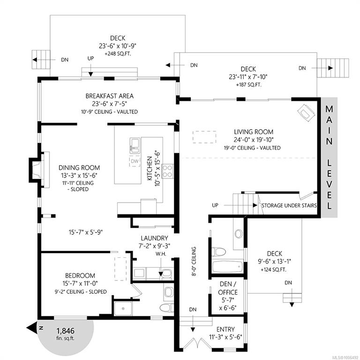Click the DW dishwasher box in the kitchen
(135, 161)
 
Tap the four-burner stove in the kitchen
(167, 171)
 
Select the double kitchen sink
(135, 146)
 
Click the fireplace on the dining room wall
(39, 170)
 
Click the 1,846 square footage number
(66, 330)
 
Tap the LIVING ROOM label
(254, 132)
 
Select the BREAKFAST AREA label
(110, 96)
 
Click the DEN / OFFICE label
(228, 288)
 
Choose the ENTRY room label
(225, 329)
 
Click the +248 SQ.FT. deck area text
(118, 54)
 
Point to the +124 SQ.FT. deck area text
(273, 270)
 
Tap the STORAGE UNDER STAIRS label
(289, 205)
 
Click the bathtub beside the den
(228, 266)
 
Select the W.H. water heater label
(161, 254)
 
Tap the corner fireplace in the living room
(306, 113)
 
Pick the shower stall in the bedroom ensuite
(123, 309)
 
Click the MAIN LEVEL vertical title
(329, 157)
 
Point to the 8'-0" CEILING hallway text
(194, 261)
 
